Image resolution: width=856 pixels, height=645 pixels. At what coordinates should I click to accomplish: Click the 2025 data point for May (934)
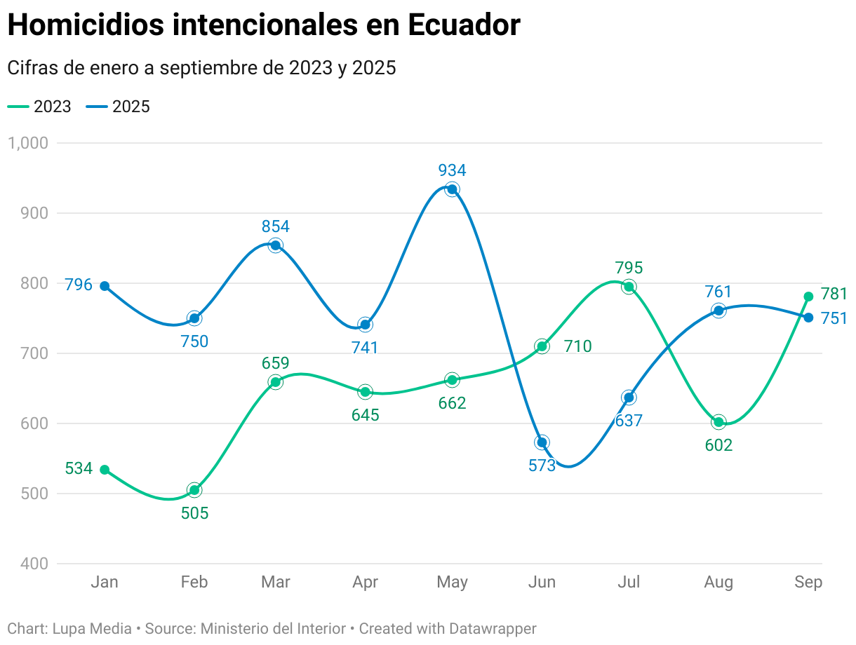[x=453, y=189]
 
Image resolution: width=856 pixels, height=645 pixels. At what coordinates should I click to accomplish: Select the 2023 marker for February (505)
[x=194, y=490]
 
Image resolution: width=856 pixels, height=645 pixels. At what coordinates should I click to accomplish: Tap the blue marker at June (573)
[x=542, y=442]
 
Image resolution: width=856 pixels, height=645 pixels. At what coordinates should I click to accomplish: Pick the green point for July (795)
[x=629, y=286]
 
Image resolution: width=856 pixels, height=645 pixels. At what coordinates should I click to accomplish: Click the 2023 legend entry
[x=40, y=107]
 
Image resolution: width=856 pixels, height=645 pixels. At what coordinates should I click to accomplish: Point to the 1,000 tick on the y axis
[x=27, y=143]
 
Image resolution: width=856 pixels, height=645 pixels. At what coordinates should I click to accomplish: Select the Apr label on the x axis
[x=365, y=582]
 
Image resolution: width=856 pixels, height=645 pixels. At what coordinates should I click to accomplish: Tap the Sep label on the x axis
[x=808, y=582]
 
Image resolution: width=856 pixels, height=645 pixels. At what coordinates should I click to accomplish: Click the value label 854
[x=275, y=226]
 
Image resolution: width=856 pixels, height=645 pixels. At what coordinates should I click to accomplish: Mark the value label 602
[x=718, y=445]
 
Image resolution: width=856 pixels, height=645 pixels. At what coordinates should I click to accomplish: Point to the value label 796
[x=79, y=285]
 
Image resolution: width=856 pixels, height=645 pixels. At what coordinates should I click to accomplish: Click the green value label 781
[x=834, y=294]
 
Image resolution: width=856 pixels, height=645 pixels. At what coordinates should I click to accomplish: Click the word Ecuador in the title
[x=464, y=25]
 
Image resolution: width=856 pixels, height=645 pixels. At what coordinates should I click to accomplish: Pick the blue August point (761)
[x=718, y=311]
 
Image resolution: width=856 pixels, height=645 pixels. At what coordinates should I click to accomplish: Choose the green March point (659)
[x=275, y=382]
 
